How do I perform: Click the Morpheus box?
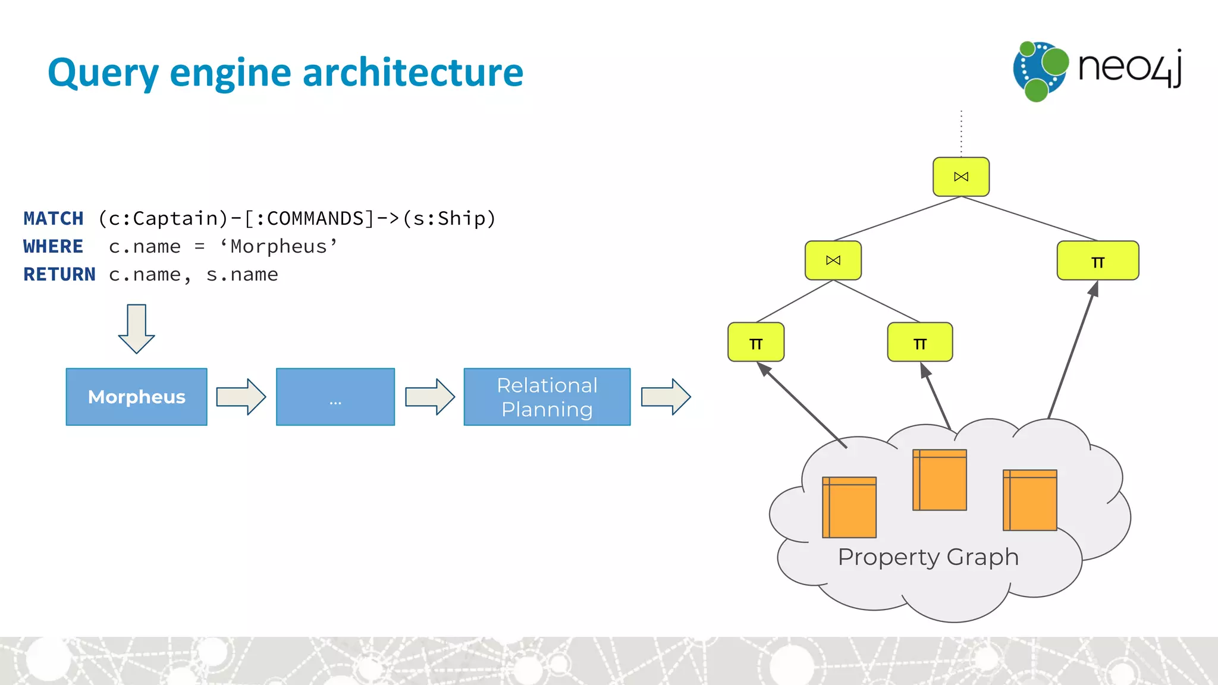(x=136, y=397)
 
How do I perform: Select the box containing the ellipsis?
(x=335, y=397)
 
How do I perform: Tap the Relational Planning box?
(x=547, y=397)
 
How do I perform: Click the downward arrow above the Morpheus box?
(x=136, y=328)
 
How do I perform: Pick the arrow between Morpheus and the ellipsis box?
(x=241, y=397)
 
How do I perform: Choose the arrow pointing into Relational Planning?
(x=429, y=397)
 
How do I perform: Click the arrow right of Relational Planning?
(x=665, y=397)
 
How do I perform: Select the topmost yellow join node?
(x=960, y=177)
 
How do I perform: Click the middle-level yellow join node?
(x=833, y=260)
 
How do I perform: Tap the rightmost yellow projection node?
(x=1097, y=260)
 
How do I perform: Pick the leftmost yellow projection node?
(x=755, y=342)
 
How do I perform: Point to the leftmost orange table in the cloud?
(x=849, y=507)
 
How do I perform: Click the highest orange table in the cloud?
(x=939, y=480)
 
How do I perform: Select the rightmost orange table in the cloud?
(x=1029, y=500)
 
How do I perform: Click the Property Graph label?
(x=928, y=557)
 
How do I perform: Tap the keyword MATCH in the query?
(x=54, y=218)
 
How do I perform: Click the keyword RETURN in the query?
(x=59, y=274)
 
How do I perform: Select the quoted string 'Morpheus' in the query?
(x=278, y=246)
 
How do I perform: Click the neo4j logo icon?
(x=1040, y=71)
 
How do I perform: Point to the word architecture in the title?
(x=413, y=73)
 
